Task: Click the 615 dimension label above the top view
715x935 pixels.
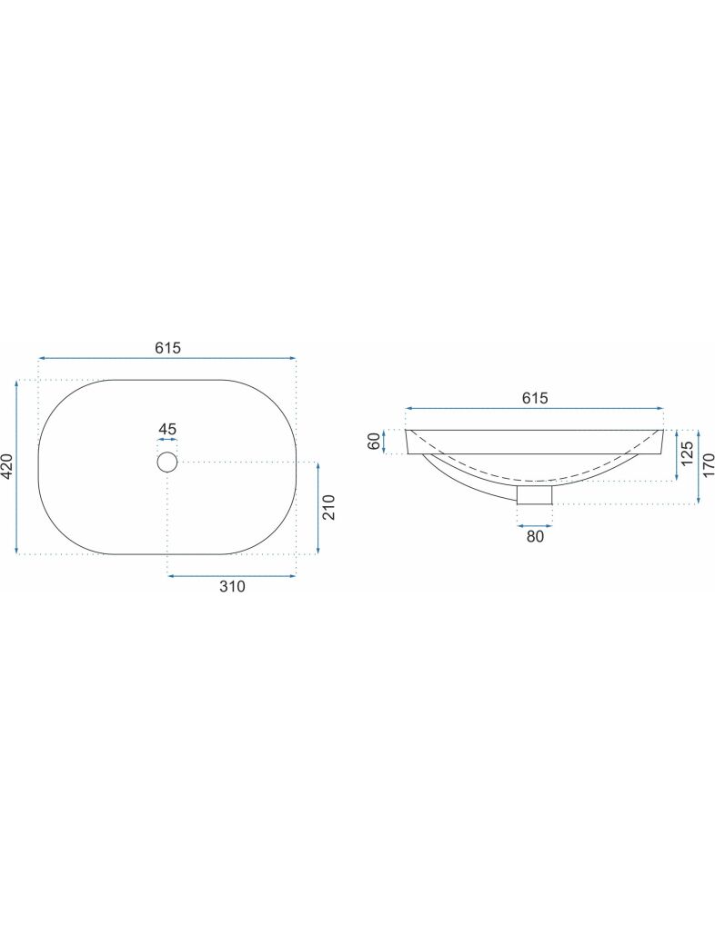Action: click(x=167, y=348)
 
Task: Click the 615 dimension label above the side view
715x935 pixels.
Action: click(x=535, y=398)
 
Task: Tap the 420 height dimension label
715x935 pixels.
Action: click(x=8, y=466)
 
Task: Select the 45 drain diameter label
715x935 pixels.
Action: click(x=167, y=429)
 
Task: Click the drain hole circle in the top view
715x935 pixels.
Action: click(x=167, y=462)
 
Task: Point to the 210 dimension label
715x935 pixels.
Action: click(x=329, y=507)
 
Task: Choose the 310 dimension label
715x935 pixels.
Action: click(x=232, y=587)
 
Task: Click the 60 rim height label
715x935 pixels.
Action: click(x=374, y=442)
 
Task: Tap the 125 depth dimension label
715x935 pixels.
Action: click(x=687, y=453)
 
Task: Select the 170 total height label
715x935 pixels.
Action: click(x=709, y=466)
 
